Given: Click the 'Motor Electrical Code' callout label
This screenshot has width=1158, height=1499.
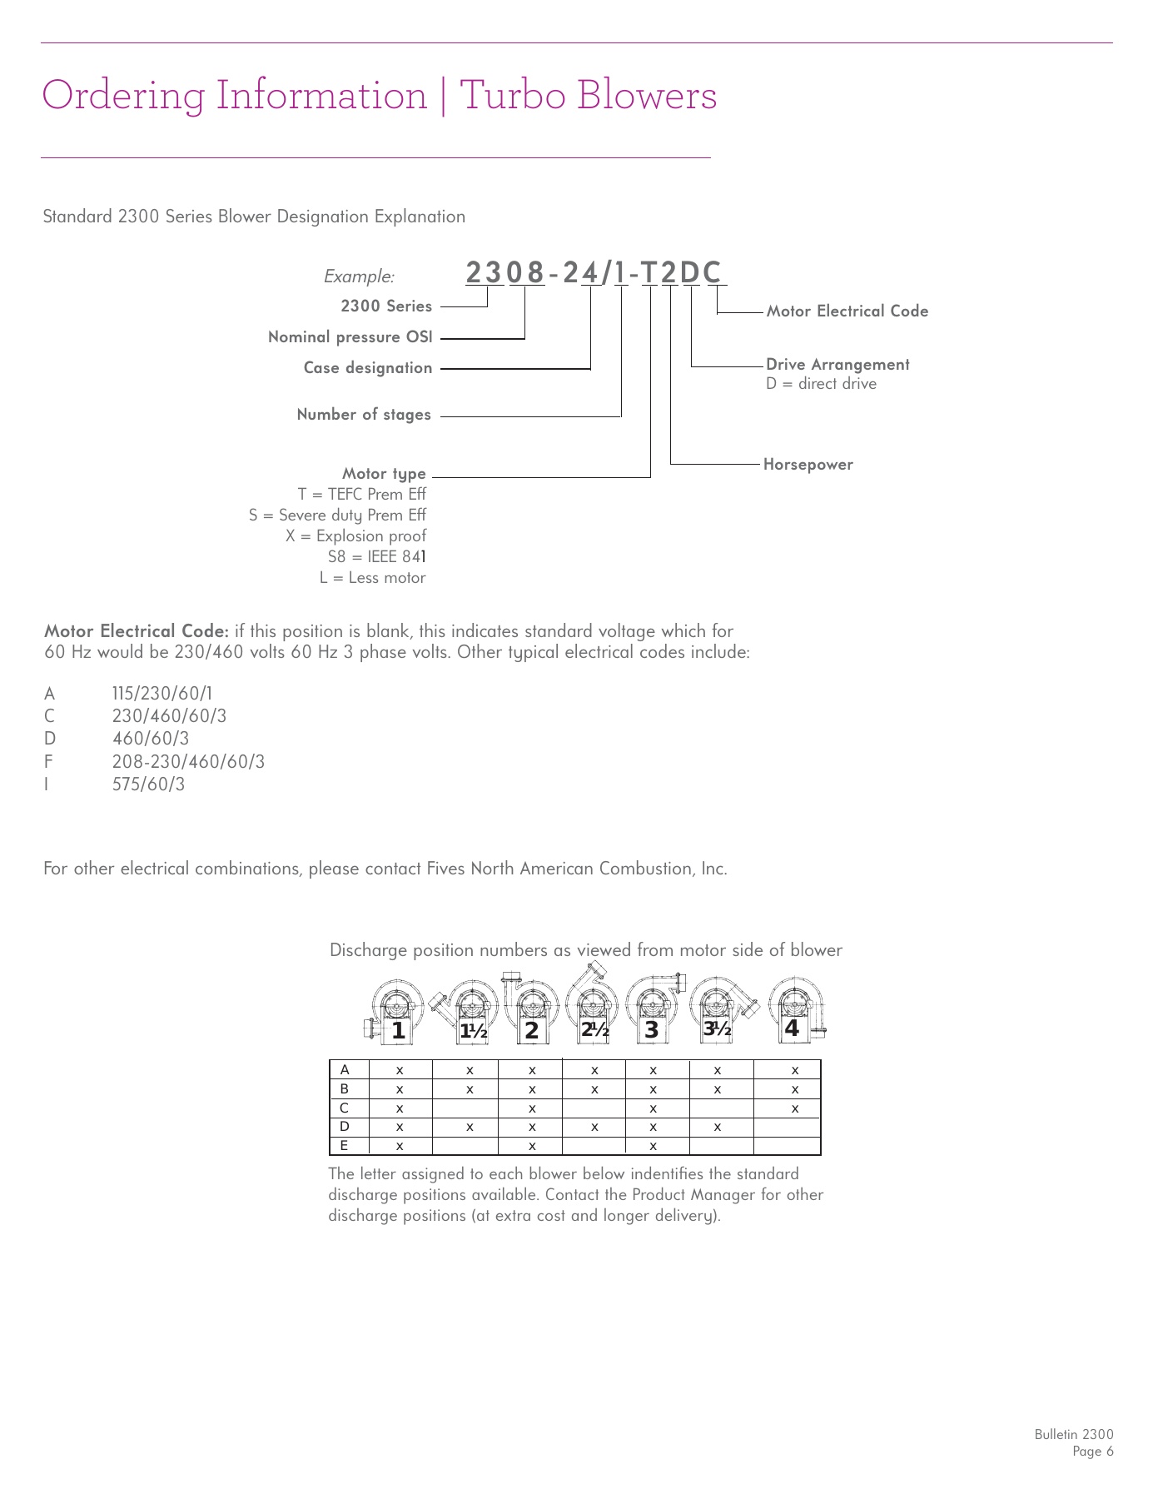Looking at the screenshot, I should [x=847, y=311].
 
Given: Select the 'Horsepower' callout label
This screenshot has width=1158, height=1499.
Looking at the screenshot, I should [x=808, y=465].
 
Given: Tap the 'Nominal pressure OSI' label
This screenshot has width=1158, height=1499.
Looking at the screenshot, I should [x=350, y=337].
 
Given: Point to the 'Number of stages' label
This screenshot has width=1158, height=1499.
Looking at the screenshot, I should [x=364, y=415].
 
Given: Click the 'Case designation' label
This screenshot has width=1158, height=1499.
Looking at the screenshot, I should [x=367, y=368].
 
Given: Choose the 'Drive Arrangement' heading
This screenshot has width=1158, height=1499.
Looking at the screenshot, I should [x=837, y=365].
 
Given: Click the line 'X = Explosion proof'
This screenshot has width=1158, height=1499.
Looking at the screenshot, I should [x=355, y=536].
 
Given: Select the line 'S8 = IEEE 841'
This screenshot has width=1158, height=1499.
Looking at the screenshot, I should [x=376, y=557].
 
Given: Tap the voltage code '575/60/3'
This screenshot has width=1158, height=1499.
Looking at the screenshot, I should [x=148, y=784].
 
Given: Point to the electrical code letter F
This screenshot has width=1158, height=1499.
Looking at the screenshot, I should [x=48, y=762].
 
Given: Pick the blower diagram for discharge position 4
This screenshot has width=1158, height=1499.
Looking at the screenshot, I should [x=795, y=1009].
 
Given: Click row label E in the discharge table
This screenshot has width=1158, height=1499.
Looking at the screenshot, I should [x=344, y=1146].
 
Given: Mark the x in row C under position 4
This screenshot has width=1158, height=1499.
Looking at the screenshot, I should [x=794, y=1108].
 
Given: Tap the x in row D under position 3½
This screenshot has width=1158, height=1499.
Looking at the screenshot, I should [x=717, y=1128].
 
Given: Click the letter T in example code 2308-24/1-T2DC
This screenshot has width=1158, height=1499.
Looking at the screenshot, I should [x=649, y=273].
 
